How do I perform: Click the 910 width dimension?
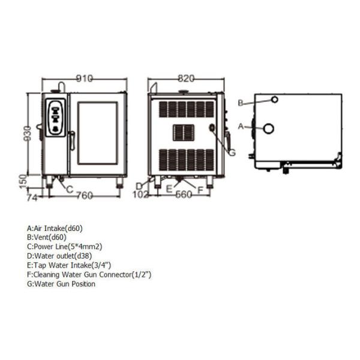pyautogui.click(x=85, y=79)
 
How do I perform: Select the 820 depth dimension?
pyautogui.click(x=187, y=79)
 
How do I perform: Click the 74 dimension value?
pyautogui.click(x=32, y=196)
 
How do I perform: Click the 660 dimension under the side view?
pyautogui.click(x=183, y=195)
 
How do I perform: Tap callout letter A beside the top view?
pyautogui.click(x=241, y=127)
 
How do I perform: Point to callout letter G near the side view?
pyautogui.click(x=232, y=152)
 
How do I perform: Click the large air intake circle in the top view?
pyautogui.click(x=268, y=128)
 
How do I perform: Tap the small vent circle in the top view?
pyautogui.click(x=274, y=100)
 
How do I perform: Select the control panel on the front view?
pyautogui.click(x=56, y=117)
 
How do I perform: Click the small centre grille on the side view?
pyautogui.click(x=183, y=133)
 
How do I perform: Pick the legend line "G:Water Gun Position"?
pyautogui.click(x=61, y=284)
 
